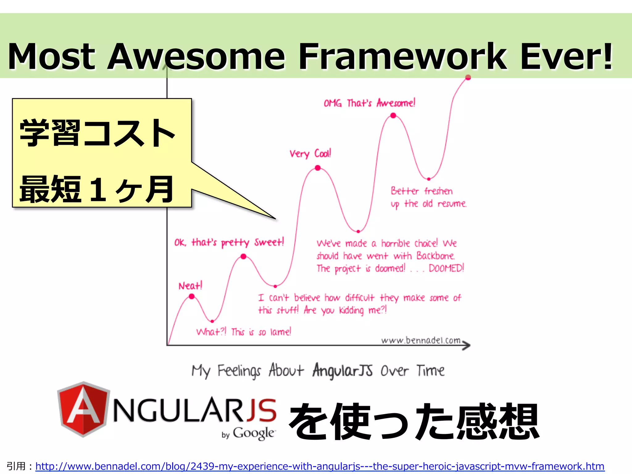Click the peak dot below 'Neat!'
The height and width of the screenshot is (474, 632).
pyautogui.click(x=192, y=296)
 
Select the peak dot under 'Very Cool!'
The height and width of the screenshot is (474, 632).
pyautogui.click(x=318, y=168)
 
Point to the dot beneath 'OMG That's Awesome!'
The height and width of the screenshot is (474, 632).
pyautogui.click(x=393, y=115)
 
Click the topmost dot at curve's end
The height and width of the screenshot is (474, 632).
pyautogui.click(x=468, y=77)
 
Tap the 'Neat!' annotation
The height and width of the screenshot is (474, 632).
pyautogui.click(x=190, y=286)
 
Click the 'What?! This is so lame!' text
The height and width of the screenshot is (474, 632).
pyautogui.click(x=243, y=332)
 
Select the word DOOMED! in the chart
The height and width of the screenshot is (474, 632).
pyautogui.click(x=446, y=268)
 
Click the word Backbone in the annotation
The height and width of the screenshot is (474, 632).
pyautogui.click(x=435, y=256)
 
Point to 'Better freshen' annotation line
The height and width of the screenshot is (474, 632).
pyautogui.click(x=422, y=191)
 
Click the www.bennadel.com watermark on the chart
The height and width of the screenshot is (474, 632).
pyautogui.click(x=421, y=340)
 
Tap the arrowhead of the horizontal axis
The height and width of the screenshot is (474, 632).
pyautogui.click(x=467, y=345)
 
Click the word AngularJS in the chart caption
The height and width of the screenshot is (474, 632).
pyautogui.click(x=342, y=370)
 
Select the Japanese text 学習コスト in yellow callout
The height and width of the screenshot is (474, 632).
pyautogui.click(x=97, y=133)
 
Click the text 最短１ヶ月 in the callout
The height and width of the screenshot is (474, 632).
pyautogui.click(x=97, y=189)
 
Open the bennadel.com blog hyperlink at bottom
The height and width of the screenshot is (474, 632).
pyautogui.click(x=320, y=466)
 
